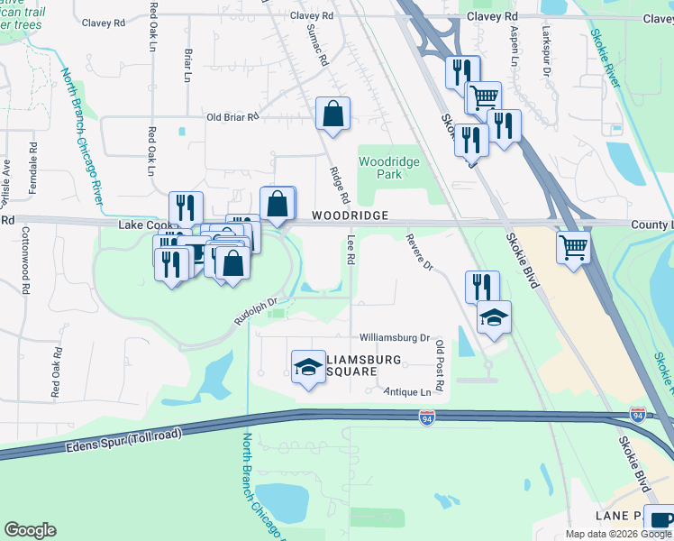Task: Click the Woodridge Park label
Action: click(x=380, y=167)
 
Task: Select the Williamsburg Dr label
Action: click(x=395, y=337)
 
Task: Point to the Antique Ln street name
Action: click(x=406, y=391)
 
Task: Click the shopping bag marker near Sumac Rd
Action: click(x=332, y=114)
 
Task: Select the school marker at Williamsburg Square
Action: click(x=308, y=366)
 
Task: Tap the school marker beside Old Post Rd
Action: click(x=494, y=317)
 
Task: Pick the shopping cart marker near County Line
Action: click(x=573, y=245)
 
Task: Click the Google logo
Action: click(x=31, y=530)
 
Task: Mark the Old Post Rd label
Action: click(x=440, y=365)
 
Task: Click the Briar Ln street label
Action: click(x=187, y=65)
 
